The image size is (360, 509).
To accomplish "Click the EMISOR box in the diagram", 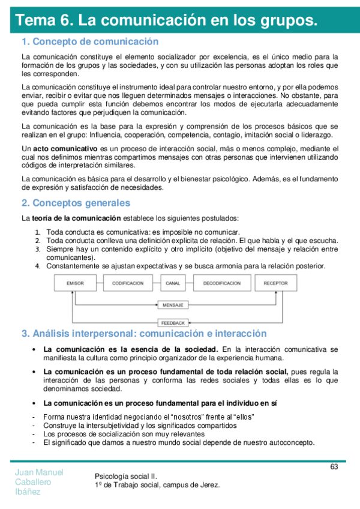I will tap(75, 283).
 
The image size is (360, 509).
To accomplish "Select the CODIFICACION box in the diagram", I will tap(127, 283).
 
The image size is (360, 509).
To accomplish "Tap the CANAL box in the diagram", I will tap(173, 283).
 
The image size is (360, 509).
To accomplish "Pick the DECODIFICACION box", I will tap(221, 283).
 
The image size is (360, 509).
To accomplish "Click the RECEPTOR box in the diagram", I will tap(275, 283).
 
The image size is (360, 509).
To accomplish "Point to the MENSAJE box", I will tap(173, 305).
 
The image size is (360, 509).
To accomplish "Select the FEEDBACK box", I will tap(173, 322).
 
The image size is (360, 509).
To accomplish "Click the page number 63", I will tap(334, 467).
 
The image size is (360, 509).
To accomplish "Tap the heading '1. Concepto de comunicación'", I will tap(90, 41).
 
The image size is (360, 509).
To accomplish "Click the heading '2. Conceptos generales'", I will tap(76, 203).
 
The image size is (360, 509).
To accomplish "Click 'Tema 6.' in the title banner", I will tap(44, 20).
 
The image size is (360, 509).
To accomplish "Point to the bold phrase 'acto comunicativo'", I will tap(65, 148).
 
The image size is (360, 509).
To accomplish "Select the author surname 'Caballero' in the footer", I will tap(33, 481).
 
